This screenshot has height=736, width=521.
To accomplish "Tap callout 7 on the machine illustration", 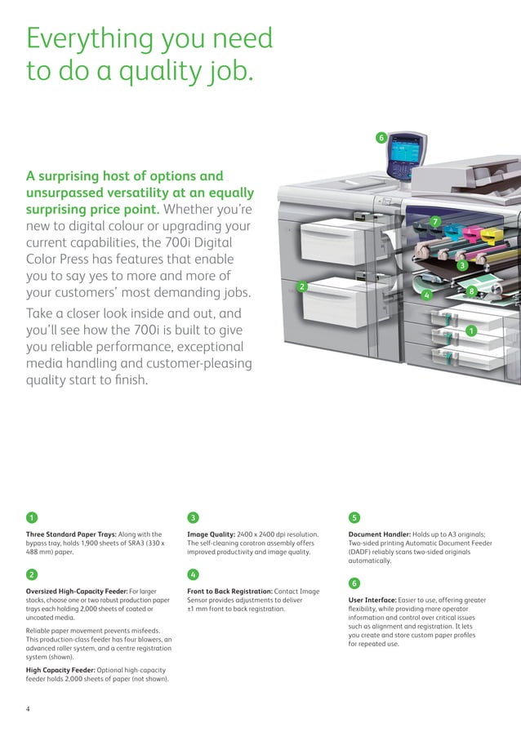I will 435,221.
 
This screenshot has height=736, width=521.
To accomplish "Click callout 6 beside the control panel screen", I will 380,137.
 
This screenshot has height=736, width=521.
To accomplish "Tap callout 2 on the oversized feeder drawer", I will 301,286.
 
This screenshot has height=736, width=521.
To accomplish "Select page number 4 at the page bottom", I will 28,708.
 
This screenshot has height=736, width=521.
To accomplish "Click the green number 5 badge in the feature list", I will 354,517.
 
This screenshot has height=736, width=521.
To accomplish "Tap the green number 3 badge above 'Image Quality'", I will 193,517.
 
